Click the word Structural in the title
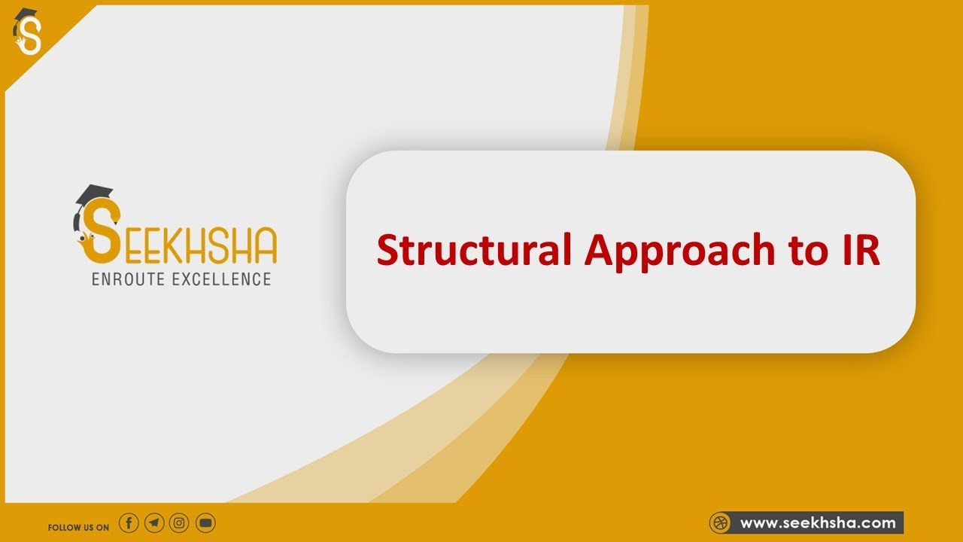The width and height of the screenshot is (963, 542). point(474,251)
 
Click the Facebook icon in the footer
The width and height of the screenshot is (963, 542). point(129,522)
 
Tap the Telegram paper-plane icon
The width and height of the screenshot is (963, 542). point(154,522)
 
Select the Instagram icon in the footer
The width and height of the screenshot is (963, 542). point(179,522)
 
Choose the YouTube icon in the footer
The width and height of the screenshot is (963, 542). point(205,522)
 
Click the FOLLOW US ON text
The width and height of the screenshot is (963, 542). point(78,527)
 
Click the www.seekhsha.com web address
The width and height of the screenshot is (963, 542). point(818,522)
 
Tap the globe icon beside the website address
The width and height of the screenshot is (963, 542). point(721,522)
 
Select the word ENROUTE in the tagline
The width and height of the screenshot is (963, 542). point(132,279)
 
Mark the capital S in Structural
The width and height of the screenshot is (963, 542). point(387,251)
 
